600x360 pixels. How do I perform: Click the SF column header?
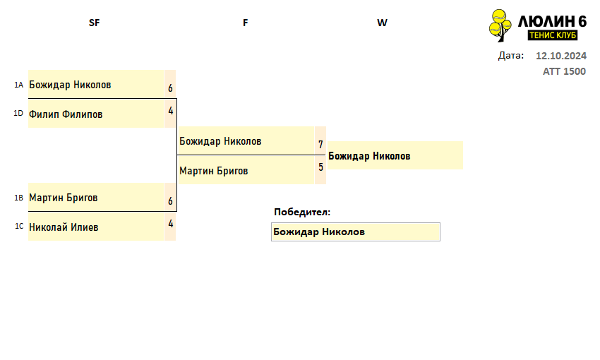tap(94, 23)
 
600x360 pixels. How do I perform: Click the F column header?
tap(245, 23)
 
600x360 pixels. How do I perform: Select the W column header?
tap(382, 23)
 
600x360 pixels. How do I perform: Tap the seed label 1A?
tap(19, 85)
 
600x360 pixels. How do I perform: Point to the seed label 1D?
tap(18, 113)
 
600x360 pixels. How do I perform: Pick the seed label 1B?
tap(19, 198)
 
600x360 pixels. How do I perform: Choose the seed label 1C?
tap(19, 226)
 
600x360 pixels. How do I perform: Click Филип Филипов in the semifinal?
tap(66, 114)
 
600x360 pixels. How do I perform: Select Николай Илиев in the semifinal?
tap(64, 227)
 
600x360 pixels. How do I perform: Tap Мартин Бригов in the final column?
tap(213, 171)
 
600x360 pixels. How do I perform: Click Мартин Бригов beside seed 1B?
tap(63, 198)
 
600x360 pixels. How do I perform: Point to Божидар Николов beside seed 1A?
tap(70, 85)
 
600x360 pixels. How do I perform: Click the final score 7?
tap(320, 145)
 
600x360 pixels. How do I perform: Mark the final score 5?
tap(320, 167)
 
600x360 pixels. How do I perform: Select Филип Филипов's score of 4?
tap(171, 111)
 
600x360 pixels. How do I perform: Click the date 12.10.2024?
tap(561, 56)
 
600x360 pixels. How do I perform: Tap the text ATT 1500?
tap(564, 71)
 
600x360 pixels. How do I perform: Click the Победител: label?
tap(302, 212)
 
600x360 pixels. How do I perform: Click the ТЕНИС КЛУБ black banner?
tap(553, 35)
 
